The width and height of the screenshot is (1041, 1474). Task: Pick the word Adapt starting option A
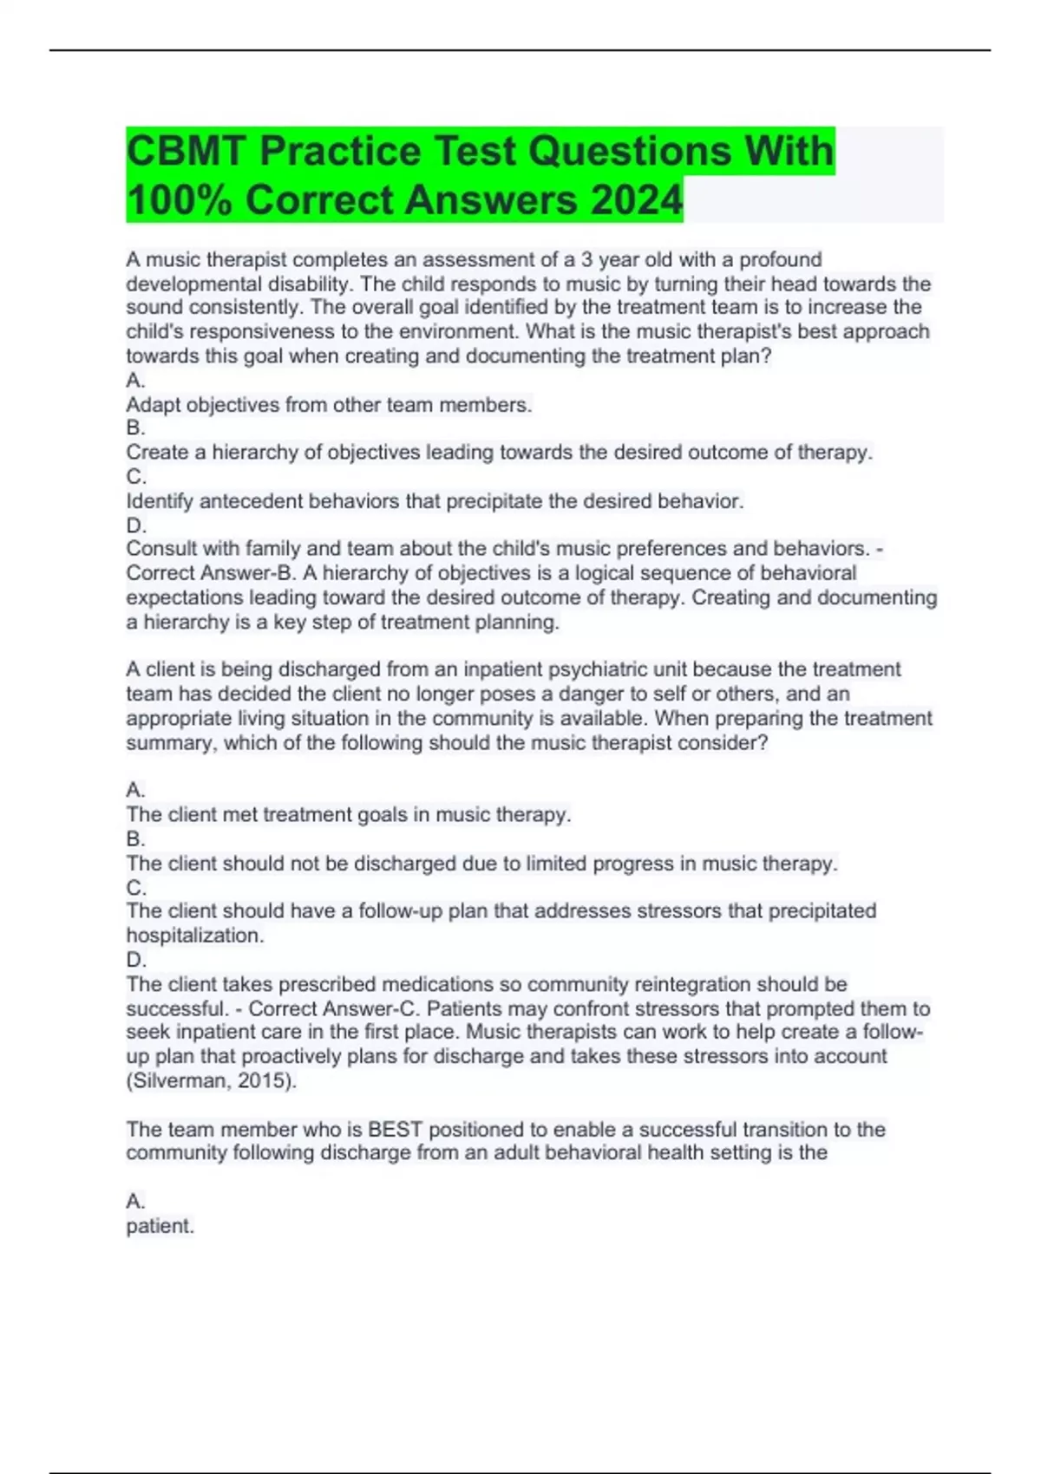point(154,405)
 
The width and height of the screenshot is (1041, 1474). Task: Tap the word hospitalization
point(194,936)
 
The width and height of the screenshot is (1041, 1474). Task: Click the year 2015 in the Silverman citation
point(265,1081)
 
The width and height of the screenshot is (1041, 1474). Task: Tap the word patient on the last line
point(160,1226)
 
